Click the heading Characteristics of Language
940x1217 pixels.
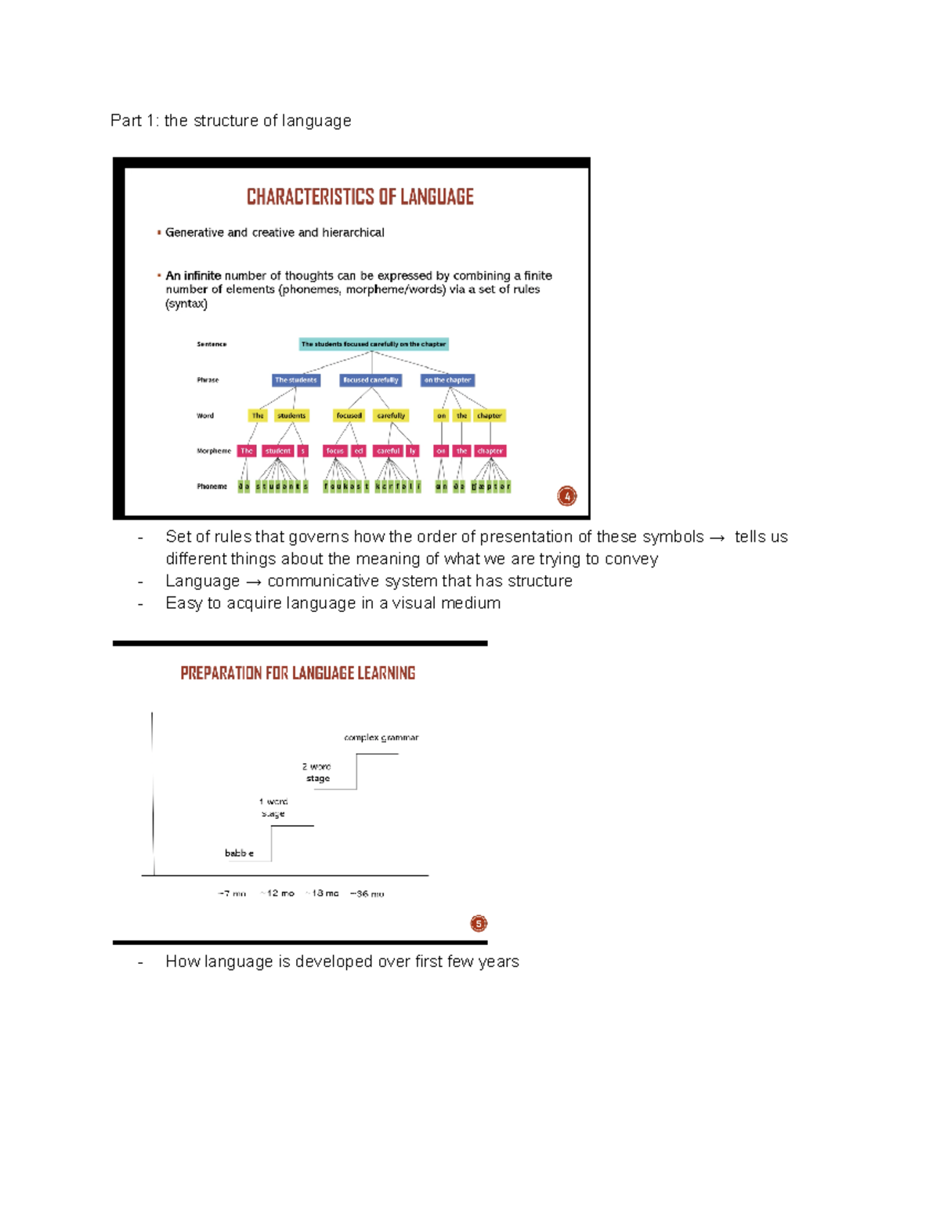tap(360, 197)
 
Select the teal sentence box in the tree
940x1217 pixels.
tap(374, 344)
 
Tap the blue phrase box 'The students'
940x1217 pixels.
tap(295, 380)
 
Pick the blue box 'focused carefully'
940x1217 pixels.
tap(371, 380)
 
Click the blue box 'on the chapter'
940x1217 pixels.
tap(447, 380)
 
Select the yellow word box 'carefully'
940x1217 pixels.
tap(391, 416)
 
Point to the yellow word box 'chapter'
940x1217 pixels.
tap(490, 416)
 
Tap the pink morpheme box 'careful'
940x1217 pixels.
tap(388, 451)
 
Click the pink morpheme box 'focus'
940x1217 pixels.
tap(335, 451)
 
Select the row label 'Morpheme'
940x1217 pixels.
tap(214, 451)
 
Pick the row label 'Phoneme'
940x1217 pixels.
tap(211, 487)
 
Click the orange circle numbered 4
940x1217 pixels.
tap(567, 496)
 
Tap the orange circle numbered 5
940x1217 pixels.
tap(479, 924)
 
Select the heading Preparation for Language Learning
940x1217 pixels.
tap(298, 673)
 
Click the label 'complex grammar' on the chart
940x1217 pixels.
tap(381, 737)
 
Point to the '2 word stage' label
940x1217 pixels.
tap(317, 773)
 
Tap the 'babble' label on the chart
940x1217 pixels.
tap(239, 853)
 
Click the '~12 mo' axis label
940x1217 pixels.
tap(278, 893)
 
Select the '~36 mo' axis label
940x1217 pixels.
tap(367, 893)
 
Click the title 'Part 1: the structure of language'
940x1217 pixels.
tap(230, 121)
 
